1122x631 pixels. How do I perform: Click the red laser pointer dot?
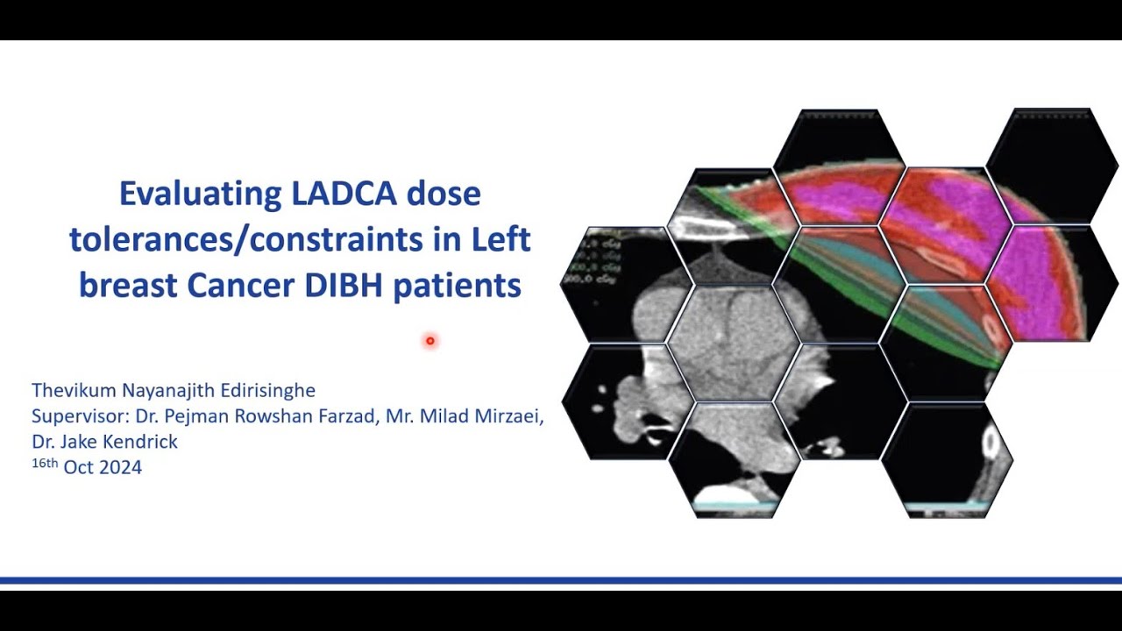click(430, 341)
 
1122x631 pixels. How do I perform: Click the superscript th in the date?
click(52, 462)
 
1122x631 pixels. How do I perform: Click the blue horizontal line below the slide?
click(561, 580)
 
